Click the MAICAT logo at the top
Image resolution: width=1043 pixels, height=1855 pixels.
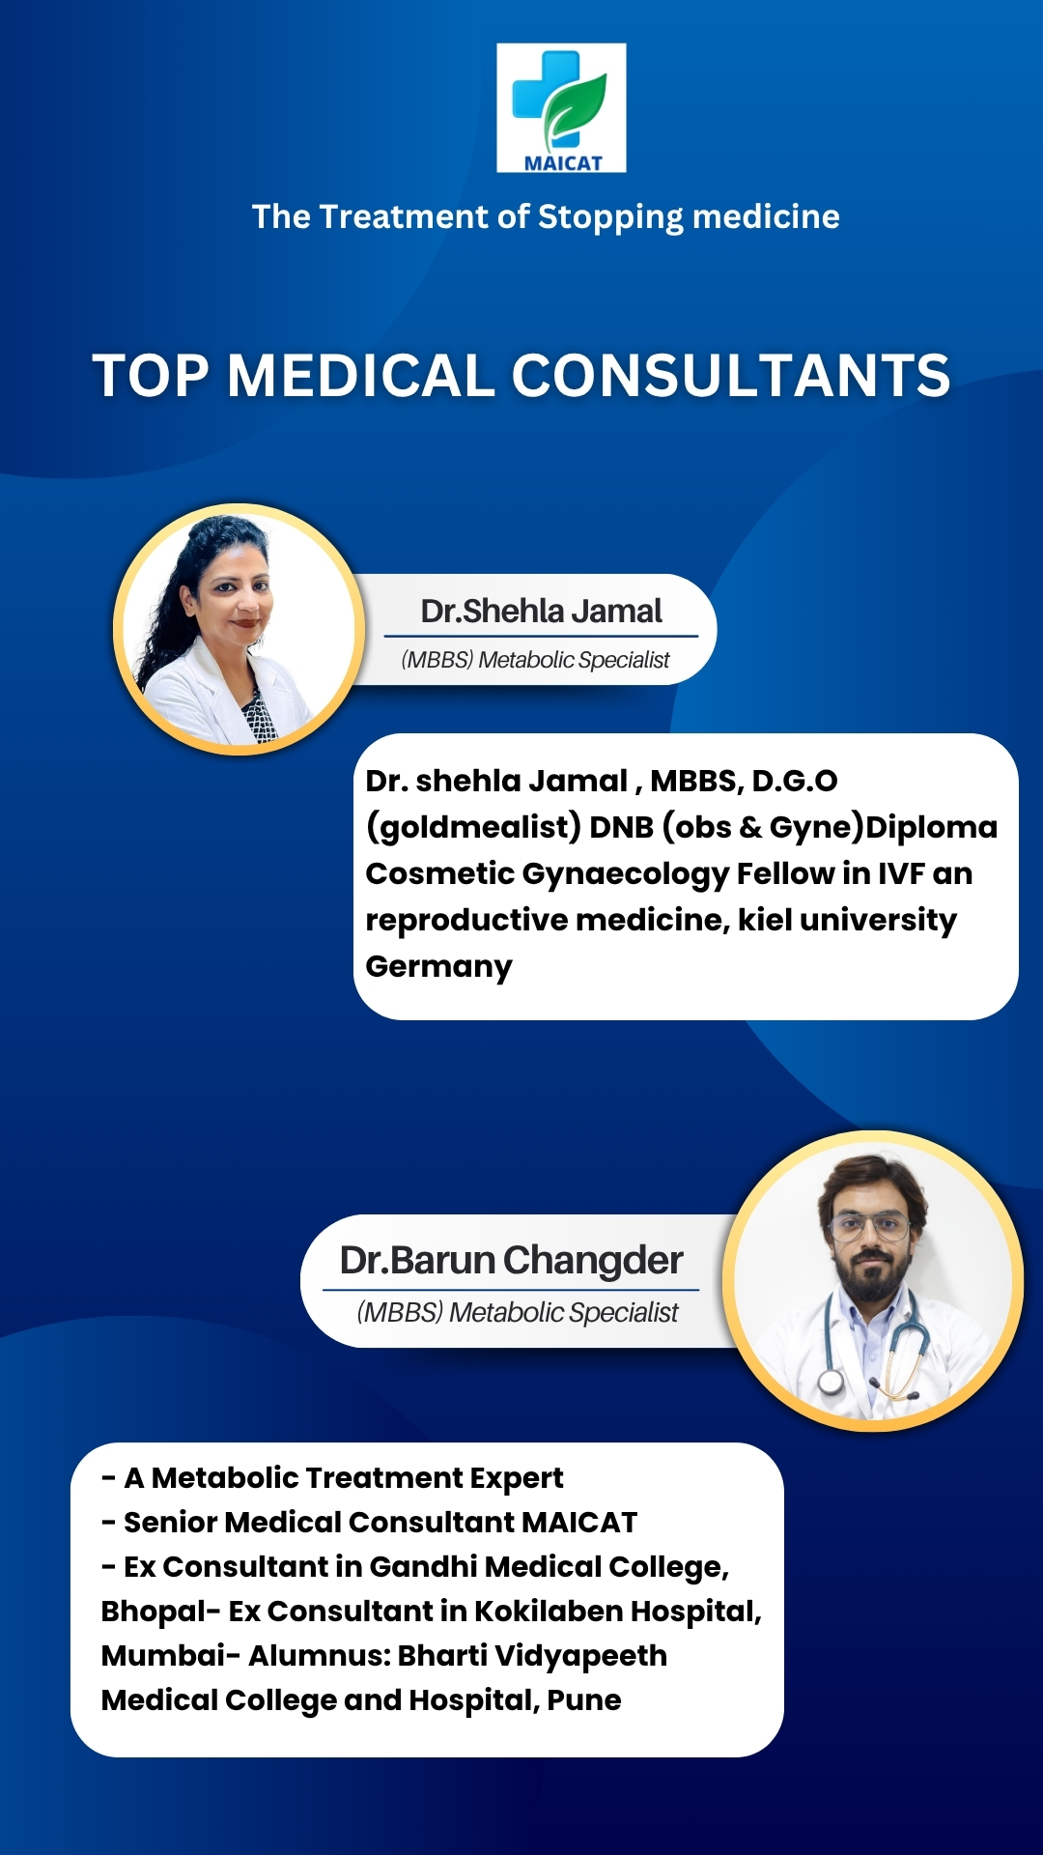(x=561, y=107)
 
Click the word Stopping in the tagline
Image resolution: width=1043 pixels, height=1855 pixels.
(x=610, y=217)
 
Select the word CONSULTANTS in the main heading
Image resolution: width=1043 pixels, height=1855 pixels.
(x=731, y=375)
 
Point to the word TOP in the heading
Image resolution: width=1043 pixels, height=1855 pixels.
(x=151, y=375)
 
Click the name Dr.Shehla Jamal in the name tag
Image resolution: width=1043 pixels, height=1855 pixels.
(x=541, y=611)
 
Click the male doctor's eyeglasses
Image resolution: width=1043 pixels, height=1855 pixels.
(x=870, y=1228)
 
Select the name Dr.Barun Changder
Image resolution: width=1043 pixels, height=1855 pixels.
(x=511, y=1260)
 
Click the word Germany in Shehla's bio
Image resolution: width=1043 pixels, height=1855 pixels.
(x=438, y=966)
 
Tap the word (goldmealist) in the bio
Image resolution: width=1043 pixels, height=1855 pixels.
(x=473, y=827)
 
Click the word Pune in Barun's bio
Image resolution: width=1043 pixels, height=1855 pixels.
(x=583, y=1699)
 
